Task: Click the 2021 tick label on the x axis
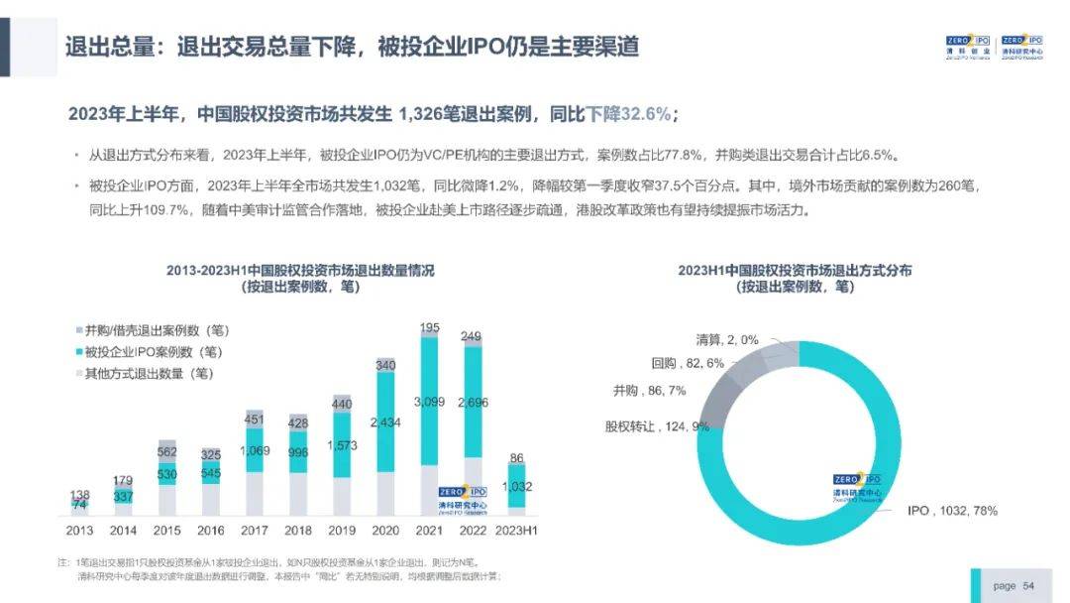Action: tap(428, 531)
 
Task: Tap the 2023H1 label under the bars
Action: tap(516, 531)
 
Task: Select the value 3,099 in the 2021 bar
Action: tap(428, 401)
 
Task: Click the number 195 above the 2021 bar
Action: tap(429, 328)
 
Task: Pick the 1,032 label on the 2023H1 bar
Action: tap(517, 486)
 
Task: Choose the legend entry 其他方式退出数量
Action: tap(150, 374)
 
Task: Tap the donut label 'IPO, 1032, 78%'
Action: tap(952, 511)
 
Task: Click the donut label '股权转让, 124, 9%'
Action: tap(657, 426)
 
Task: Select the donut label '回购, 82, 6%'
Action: tap(688, 363)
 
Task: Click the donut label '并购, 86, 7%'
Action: tap(649, 391)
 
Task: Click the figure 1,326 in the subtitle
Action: tap(423, 114)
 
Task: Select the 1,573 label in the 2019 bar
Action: tap(341, 445)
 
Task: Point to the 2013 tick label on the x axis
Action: tap(78, 531)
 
